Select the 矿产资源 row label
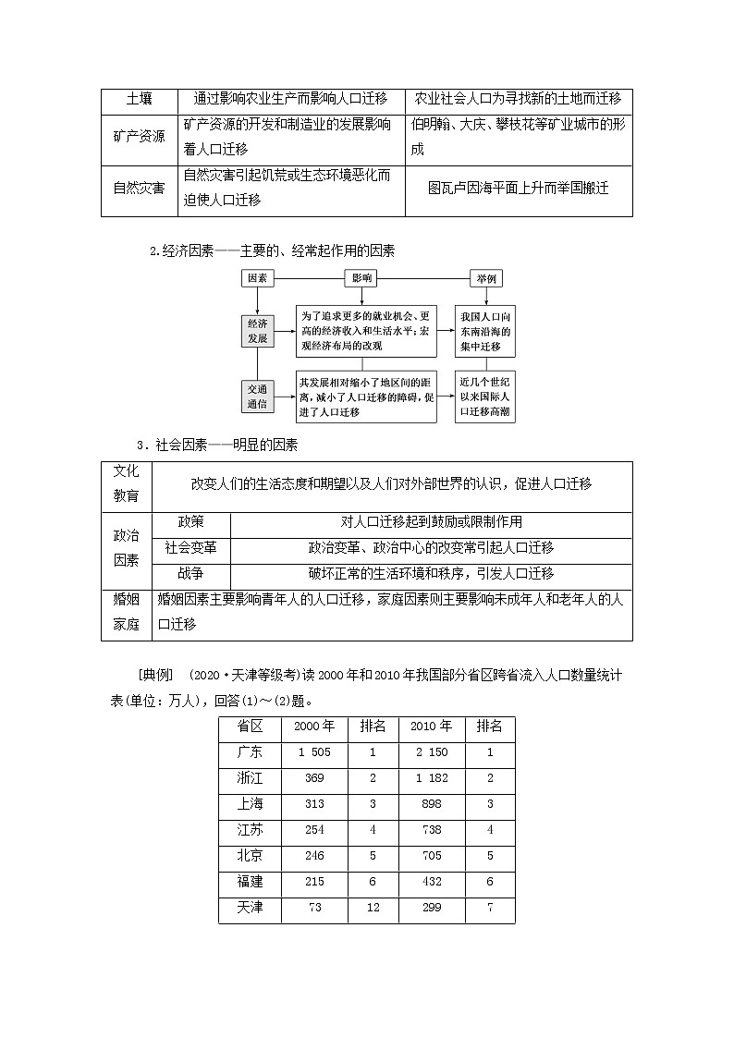click(x=139, y=136)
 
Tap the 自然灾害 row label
click(x=139, y=187)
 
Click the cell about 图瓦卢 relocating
click(x=518, y=187)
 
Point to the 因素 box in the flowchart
click(x=257, y=278)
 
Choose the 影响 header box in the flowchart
click(x=362, y=278)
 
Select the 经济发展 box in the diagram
click(x=257, y=331)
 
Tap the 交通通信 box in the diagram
click(x=257, y=397)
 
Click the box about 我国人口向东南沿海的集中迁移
click(x=485, y=331)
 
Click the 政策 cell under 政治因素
click(x=190, y=521)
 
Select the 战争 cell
click(x=190, y=574)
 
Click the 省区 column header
click(x=250, y=727)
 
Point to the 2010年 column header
click(x=431, y=727)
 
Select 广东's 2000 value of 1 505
click(x=314, y=752)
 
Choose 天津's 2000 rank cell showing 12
click(x=373, y=909)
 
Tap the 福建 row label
click(x=250, y=883)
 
